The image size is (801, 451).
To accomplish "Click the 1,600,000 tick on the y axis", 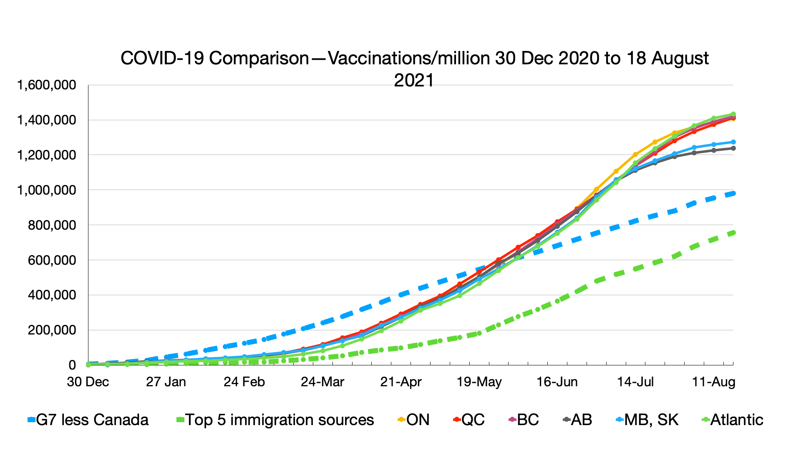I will click(46, 85).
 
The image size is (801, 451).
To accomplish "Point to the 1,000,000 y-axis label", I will click(46, 190).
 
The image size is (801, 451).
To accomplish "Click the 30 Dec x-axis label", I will click(88, 382).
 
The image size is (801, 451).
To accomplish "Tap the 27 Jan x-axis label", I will click(166, 382).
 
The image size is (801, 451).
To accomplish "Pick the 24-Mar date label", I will click(322, 382).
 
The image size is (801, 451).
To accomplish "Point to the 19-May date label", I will click(479, 382).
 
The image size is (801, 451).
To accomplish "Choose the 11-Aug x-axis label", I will click(713, 382).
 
